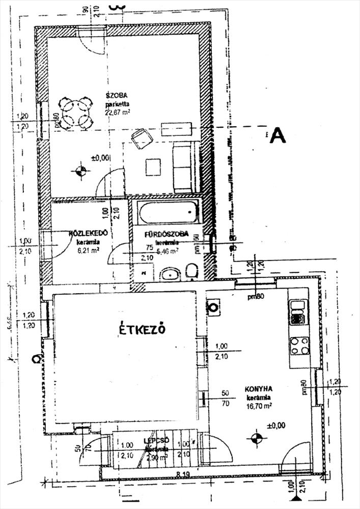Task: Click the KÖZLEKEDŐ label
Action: tap(87, 233)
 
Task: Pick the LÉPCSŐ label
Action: tap(156, 440)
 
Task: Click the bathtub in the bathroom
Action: tap(168, 212)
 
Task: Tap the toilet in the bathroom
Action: tap(192, 271)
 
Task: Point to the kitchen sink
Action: tap(297, 312)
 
